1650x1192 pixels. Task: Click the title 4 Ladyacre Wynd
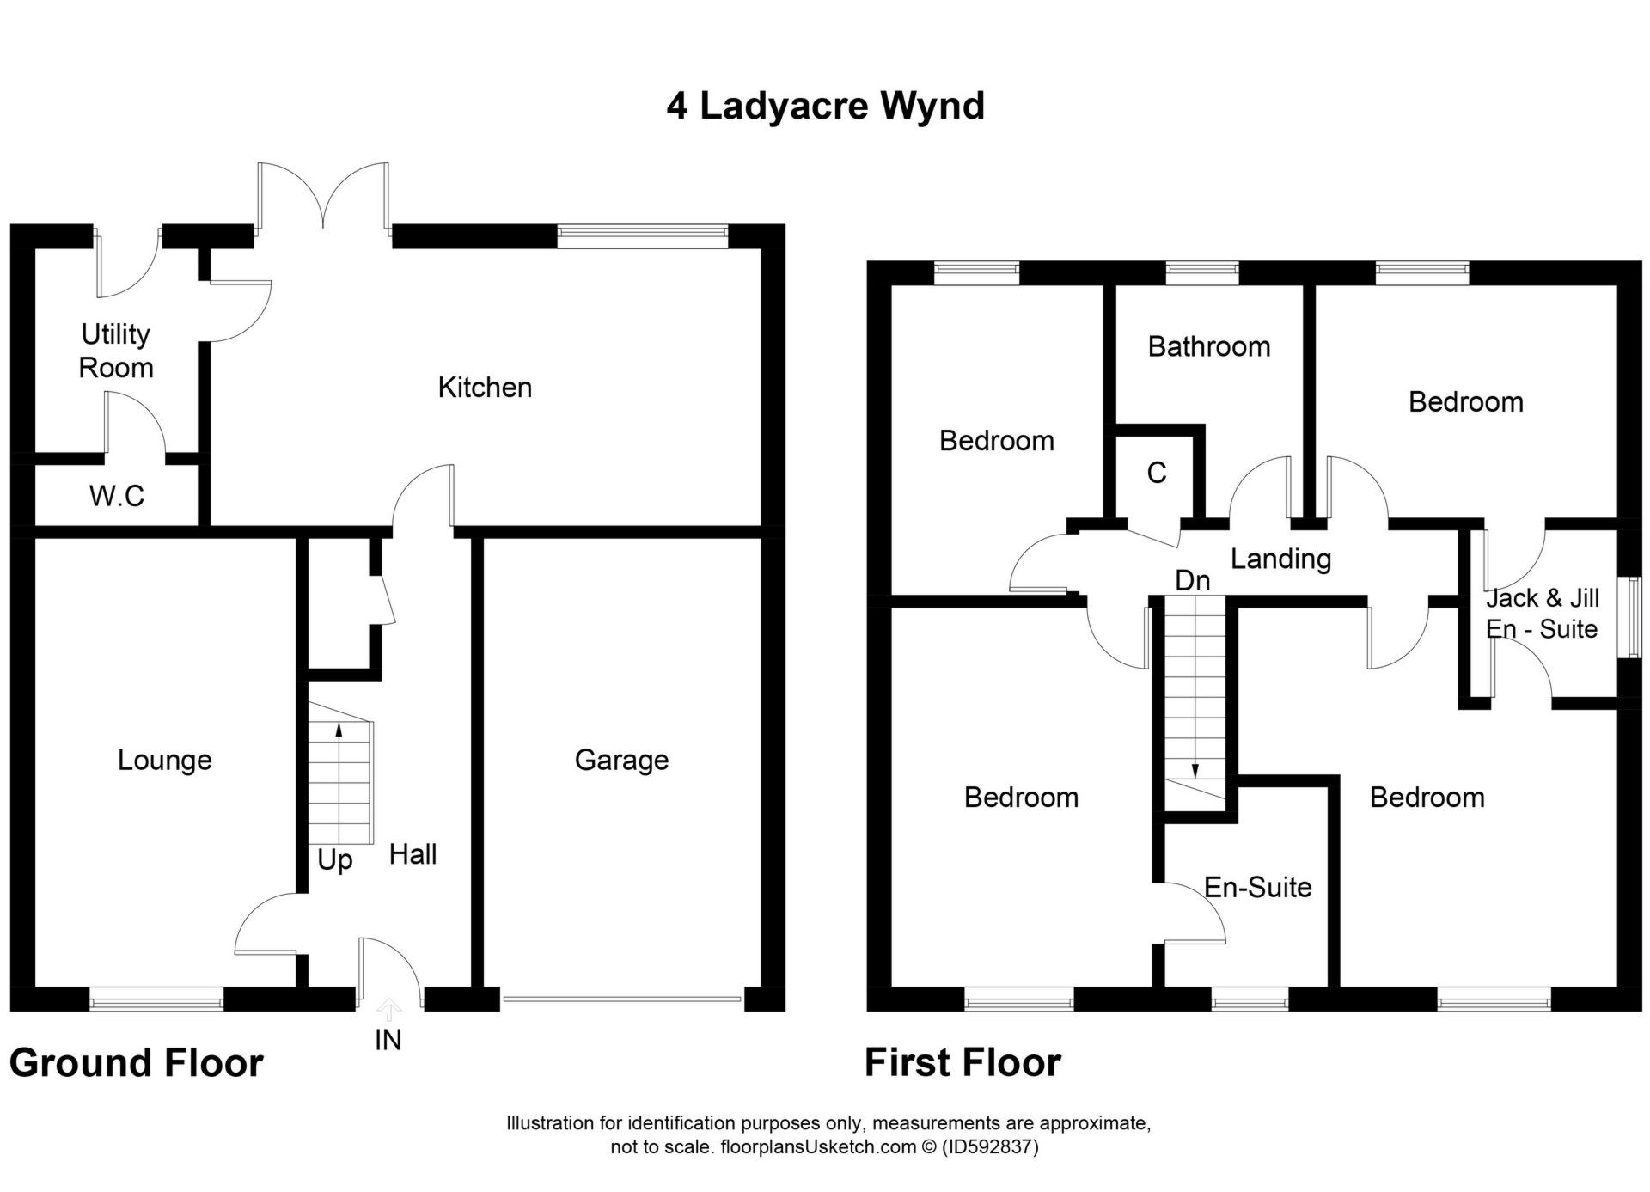825,106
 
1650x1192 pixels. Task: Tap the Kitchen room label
485,388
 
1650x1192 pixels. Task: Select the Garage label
621,760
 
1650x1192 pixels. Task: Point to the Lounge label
164,760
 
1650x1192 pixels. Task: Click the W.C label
116,496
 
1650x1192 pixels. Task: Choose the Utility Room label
115,351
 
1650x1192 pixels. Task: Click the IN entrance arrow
388,1011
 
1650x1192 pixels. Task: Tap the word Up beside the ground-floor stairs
334,859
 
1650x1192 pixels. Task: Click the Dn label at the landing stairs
1192,581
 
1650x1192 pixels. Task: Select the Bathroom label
1208,346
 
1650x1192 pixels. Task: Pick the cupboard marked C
1157,473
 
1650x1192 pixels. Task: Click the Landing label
1280,559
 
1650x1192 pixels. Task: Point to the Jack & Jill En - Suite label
1542,613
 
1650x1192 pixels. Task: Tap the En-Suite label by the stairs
1257,887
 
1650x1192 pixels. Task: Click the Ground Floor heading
136,1063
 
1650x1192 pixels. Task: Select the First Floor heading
962,1063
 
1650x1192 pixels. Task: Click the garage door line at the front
621,999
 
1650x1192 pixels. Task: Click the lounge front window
156,998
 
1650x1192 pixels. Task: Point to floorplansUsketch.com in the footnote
817,1146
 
